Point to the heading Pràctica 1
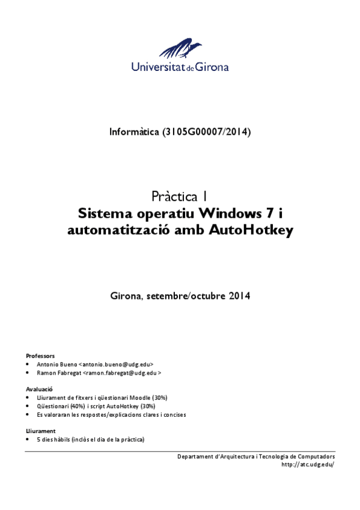(x=180, y=196)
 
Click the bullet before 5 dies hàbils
(x=28, y=440)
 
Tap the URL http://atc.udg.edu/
(x=307, y=464)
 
